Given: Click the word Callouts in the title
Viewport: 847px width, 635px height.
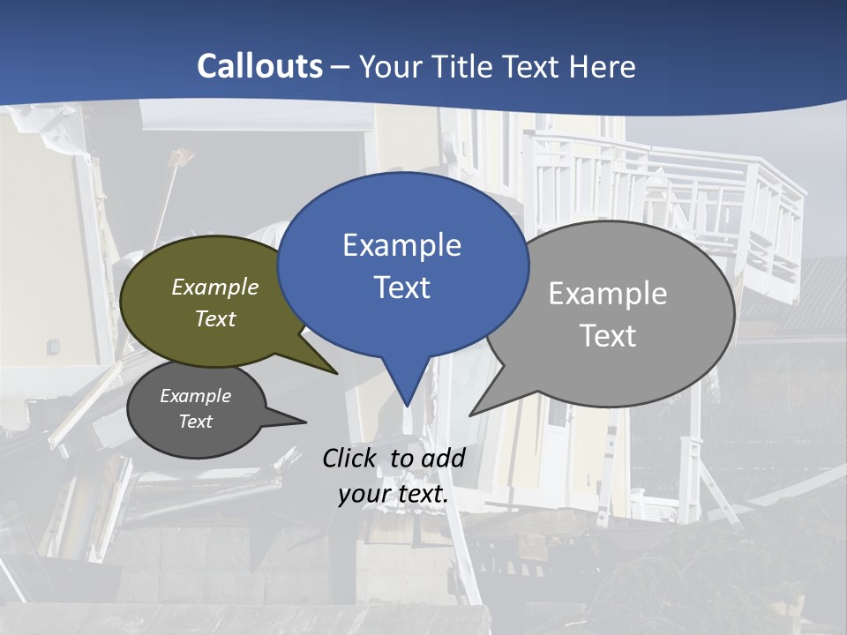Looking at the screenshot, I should click(260, 66).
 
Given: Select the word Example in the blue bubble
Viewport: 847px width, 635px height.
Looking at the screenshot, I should click(402, 244).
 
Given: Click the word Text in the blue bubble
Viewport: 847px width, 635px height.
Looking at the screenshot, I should click(402, 288).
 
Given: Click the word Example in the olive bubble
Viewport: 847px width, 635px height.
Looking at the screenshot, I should click(215, 287).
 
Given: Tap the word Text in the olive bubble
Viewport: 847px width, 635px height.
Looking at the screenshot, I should click(215, 318).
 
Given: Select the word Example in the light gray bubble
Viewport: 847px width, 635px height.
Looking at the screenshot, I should click(608, 293).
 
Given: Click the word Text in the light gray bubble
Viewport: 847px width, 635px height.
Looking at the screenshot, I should click(608, 336).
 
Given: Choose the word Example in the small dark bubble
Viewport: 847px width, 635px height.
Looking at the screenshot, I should click(196, 396).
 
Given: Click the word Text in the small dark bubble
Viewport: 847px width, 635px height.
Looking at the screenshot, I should click(196, 422).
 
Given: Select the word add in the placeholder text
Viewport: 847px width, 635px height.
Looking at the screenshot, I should click(443, 458).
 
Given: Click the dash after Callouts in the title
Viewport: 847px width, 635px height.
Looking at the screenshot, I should click(341, 67).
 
